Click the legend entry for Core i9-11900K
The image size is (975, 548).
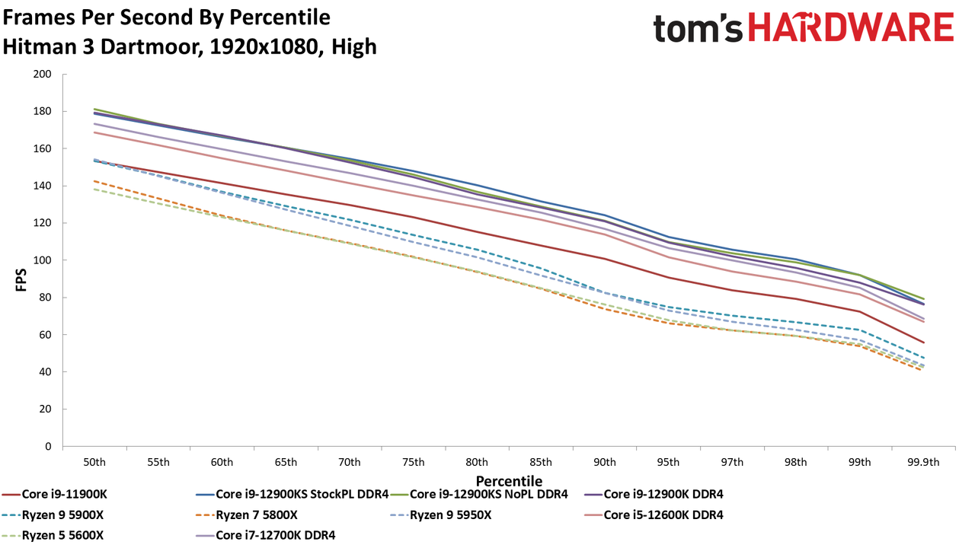[x=55, y=495]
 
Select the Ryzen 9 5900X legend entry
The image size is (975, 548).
[x=53, y=515]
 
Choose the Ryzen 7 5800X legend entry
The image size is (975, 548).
[x=247, y=515]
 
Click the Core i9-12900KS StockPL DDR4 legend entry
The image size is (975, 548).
[x=292, y=495]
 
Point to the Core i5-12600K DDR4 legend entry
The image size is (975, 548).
[x=654, y=515]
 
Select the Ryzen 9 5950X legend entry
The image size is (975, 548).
[x=441, y=515]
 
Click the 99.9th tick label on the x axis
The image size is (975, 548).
[x=923, y=462]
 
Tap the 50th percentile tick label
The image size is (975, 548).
[x=94, y=462]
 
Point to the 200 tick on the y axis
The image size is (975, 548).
[x=42, y=75]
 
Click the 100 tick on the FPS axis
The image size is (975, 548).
[x=42, y=260]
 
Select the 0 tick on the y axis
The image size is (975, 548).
[x=48, y=447]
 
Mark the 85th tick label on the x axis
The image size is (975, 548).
[x=541, y=462]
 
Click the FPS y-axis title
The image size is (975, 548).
[x=21, y=279]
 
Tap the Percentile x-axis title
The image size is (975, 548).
[x=509, y=481]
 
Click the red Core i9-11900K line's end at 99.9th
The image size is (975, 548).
[x=924, y=342]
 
